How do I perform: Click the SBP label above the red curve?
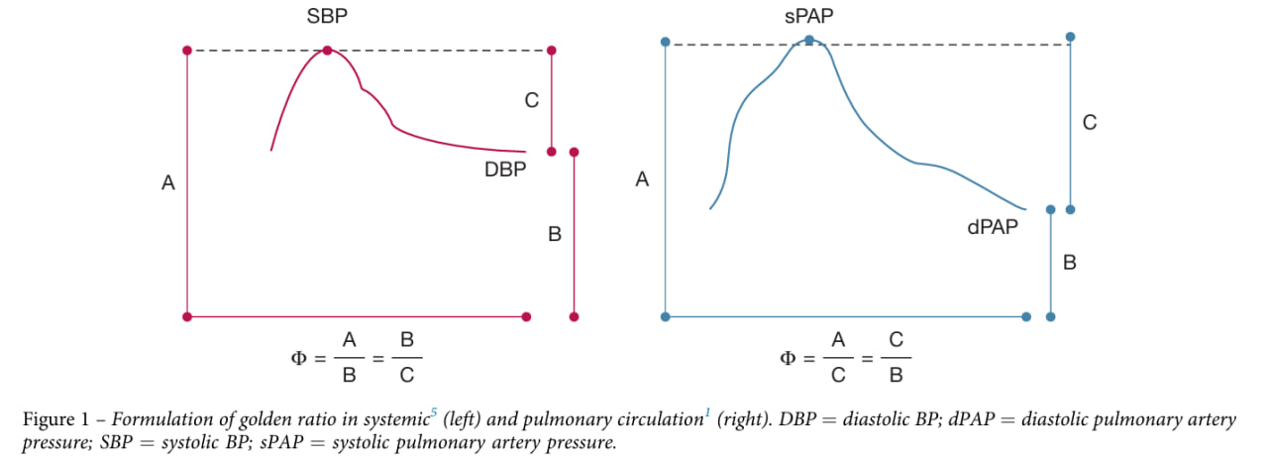(327, 17)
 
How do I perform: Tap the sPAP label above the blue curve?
(807, 16)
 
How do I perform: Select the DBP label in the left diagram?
(505, 170)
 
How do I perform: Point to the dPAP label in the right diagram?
(994, 227)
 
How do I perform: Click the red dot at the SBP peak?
(327, 51)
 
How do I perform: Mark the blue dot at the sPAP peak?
(809, 41)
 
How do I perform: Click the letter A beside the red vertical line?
(168, 182)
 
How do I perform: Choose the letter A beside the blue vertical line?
(642, 180)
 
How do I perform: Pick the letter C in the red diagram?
(531, 100)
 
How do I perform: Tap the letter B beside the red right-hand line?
(555, 235)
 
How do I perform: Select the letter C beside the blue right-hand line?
(1090, 123)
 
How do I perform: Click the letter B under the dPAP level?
(1070, 263)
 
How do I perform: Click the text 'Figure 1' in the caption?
(53, 420)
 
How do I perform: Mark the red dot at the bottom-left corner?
(186, 317)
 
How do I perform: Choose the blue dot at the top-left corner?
(666, 42)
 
